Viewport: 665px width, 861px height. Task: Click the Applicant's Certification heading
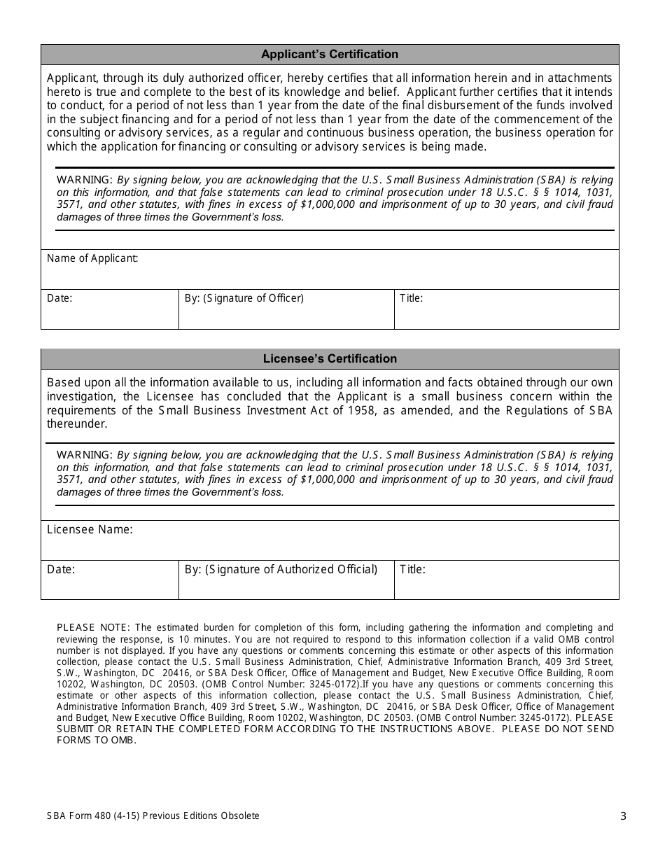pyautogui.click(x=330, y=55)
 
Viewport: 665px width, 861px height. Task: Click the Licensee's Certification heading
pyautogui.click(x=330, y=359)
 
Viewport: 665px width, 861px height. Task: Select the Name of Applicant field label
pyautogui.click(x=92, y=258)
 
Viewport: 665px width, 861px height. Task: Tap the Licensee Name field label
pyautogui.click(x=90, y=530)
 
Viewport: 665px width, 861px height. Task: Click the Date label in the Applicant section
pyautogui.click(x=59, y=298)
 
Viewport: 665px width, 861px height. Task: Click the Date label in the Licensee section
pyautogui.click(x=61, y=570)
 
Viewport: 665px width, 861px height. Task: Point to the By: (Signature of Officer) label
pyautogui.click(x=244, y=298)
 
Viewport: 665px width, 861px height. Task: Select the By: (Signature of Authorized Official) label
pyautogui.click(x=281, y=570)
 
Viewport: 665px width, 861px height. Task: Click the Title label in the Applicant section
pyautogui.click(x=411, y=298)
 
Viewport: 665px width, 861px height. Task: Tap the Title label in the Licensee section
pyautogui.click(x=412, y=570)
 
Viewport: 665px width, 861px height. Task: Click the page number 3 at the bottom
pyautogui.click(x=623, y=815)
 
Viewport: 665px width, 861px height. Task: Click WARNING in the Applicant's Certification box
pyautogui.click(x=84, y=179)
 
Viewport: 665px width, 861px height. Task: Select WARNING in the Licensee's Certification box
pyautogui.click(x=84, y=455)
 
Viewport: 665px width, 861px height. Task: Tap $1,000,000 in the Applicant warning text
pyautogui.click(x=328, y=205)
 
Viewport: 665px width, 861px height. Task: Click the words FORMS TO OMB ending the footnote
pyautogui.click(x=96, y=741)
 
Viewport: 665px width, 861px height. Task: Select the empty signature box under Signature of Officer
pyautogui.click(x=286, y=317)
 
